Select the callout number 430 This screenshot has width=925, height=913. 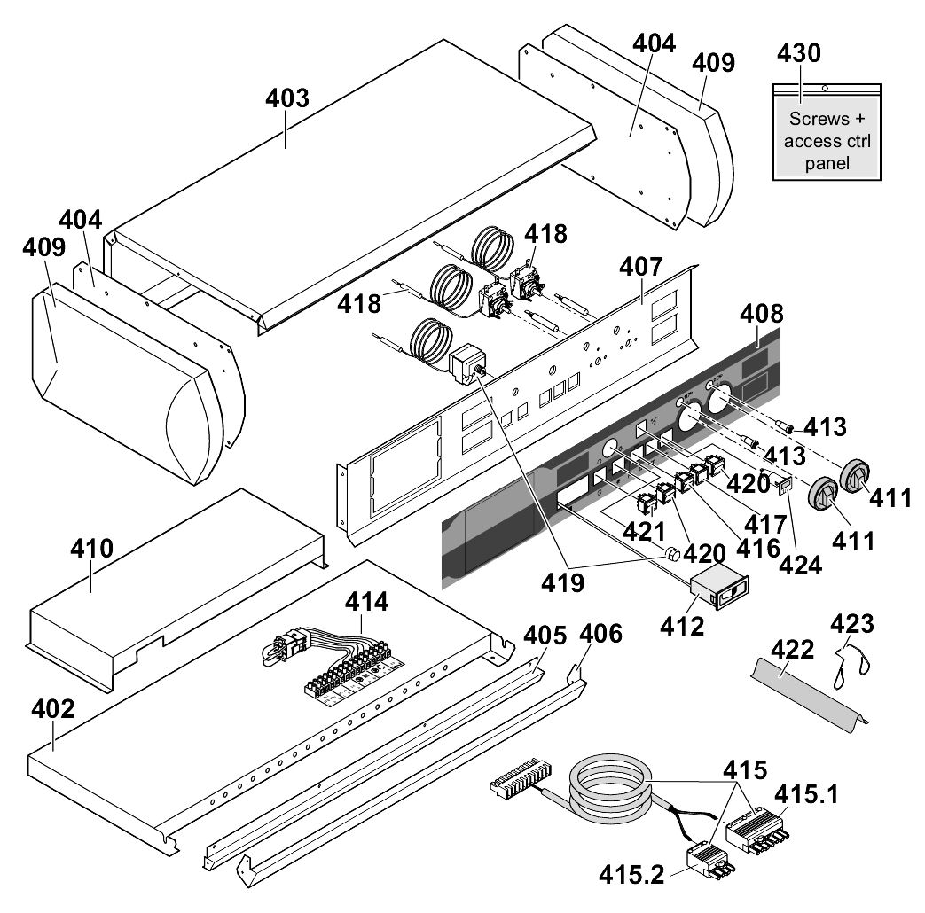(x=798, y=53)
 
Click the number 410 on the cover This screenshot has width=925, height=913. (x=93, y=550)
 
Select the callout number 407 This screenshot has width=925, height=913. (x=640, y=266)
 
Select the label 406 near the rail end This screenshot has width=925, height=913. (x=601, y=634)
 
